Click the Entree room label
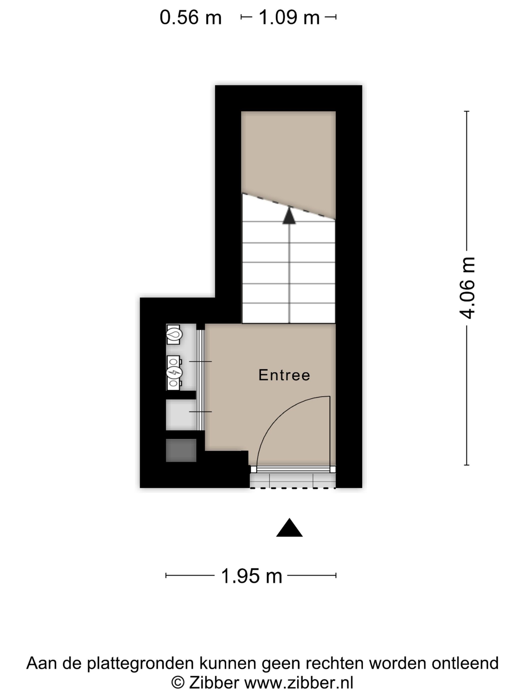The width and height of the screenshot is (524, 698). [x=284, y=375]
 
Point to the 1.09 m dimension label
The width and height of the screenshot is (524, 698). [x=289, y=17]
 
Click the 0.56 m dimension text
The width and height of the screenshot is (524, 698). [x=190, y=17]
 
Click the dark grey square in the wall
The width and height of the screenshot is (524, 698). [x=181, y=450]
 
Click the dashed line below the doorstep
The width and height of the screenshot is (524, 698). [x=293, y=488]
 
